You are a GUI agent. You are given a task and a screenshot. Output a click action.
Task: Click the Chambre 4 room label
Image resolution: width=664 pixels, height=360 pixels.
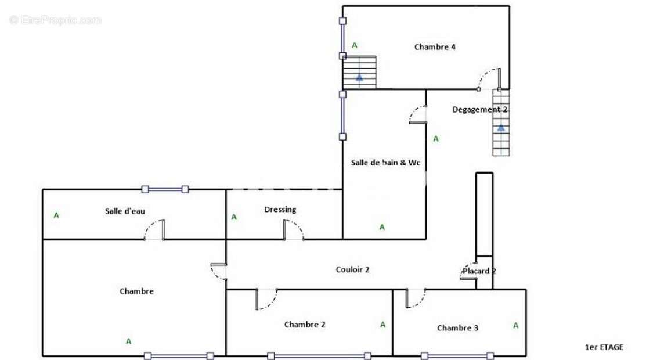[x=434, y=47]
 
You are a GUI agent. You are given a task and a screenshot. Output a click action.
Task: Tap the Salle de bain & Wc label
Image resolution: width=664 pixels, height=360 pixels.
[x=385, y=163]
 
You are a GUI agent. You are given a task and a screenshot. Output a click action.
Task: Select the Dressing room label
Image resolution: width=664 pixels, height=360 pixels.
[x=280, y=210]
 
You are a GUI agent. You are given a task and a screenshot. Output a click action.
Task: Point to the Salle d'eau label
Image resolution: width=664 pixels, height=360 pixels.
[x=125, y=211]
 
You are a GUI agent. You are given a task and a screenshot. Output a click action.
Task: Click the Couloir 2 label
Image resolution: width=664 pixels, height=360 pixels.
[x=352, y=269]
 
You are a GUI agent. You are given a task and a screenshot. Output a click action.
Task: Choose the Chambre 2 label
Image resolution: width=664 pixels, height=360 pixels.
[x=305, y=325]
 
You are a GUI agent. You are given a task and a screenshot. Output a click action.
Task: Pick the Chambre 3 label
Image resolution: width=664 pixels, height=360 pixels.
[x=457, y=328]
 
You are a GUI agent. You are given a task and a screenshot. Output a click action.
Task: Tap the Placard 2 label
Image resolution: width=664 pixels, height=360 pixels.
[x=479, y=271]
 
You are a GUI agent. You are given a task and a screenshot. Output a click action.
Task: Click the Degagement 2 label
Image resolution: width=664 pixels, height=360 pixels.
[x=479, y=109]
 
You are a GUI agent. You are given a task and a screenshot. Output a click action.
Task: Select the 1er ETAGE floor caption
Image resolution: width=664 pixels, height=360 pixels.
[x=604, y=347]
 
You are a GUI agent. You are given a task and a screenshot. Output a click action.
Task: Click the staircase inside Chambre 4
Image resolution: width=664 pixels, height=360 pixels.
[x=359, y=72]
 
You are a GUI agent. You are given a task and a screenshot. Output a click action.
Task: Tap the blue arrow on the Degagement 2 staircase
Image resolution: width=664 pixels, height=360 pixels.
[x=501, y=128]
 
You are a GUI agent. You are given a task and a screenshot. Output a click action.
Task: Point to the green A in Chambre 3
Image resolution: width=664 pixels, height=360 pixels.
[x=515, y=326]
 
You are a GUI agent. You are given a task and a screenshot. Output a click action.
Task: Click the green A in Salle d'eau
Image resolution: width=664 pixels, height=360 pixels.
[x=56, y=215]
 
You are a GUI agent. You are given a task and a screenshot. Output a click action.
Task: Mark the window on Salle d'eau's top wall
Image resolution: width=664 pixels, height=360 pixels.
[x=165, y=189]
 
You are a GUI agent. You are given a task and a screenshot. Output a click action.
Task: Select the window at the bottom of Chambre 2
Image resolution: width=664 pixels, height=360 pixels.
[x=319, y=356]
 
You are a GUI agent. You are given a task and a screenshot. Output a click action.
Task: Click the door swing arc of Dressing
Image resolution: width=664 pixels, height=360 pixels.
[x=295, y=230]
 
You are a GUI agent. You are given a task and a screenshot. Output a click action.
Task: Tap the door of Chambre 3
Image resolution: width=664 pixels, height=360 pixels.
[x=415, y=298]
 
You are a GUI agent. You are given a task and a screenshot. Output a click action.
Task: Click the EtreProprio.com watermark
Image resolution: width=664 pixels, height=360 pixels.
[x=55, y=20]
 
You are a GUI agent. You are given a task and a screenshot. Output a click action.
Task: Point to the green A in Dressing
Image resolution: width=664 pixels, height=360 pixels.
[x=234, y=217]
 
